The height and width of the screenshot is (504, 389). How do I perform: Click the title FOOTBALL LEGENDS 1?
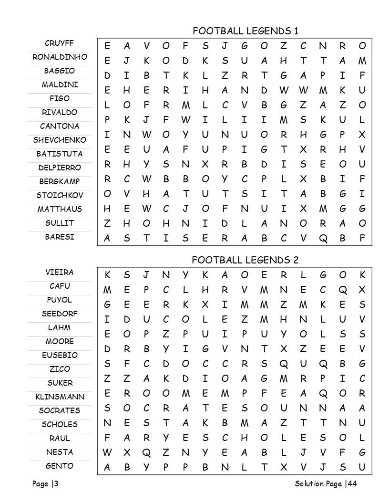coord(245,31)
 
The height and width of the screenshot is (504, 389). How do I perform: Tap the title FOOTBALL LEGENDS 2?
coord(245,260)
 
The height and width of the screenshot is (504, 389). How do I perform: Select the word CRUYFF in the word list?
coord(59,43)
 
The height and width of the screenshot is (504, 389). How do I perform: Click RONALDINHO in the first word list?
coord(60,57)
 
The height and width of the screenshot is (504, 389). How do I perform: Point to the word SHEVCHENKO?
coord(60,140)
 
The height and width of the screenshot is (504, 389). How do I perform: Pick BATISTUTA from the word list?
coord(60,154)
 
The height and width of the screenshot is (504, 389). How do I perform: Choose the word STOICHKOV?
coord(60,195)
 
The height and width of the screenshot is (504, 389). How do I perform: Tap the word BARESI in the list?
coord(60,237)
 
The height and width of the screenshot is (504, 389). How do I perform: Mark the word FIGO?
coord(60,98)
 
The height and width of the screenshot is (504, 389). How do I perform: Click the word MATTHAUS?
coord(60,209)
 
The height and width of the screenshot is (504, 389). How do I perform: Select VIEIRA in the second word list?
coord(60,273)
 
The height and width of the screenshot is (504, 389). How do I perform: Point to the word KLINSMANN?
coord(60,397)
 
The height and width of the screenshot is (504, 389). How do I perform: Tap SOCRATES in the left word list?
coord(60,410)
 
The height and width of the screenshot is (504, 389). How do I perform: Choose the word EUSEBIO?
coord(60,355)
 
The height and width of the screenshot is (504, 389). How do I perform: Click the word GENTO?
coord(60,466)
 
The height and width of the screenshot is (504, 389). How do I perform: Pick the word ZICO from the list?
coord(60,369)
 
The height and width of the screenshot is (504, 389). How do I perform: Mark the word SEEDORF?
coord(60,314)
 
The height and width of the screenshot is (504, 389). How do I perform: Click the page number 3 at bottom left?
coord(56,484)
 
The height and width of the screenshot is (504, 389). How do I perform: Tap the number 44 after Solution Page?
coord(352,484)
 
